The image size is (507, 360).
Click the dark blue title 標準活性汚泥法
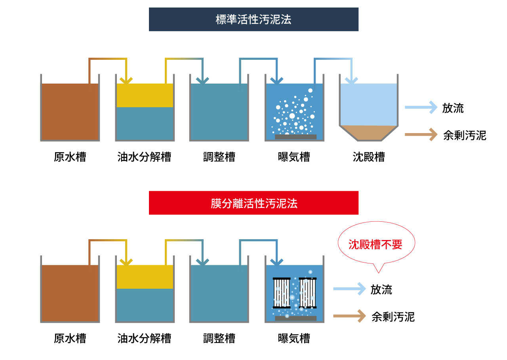(253, 19)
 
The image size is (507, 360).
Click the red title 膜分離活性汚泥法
(253, 203)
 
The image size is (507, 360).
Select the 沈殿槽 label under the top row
(368, 157)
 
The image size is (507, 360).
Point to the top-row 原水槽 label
(70, 157)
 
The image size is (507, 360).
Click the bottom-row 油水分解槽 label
(144, 339)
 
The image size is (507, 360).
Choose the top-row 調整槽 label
(219, 157)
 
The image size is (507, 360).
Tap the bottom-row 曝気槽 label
(294, 339)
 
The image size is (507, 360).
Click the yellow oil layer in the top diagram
(145, 95)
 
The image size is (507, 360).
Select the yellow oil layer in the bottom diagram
(145, 277)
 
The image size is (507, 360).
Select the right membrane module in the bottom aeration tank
(309, 293)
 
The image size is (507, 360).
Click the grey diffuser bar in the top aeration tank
(295, 137)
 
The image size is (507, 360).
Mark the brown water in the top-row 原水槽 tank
(70, 112)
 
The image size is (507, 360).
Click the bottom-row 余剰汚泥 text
(393, 317)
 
